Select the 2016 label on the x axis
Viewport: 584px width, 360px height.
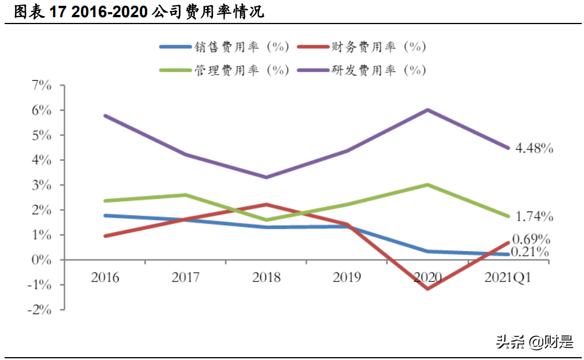(x=105, y=277)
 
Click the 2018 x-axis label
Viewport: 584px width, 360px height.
(x=266, y=277)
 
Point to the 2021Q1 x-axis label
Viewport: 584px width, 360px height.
(x=508, y=277)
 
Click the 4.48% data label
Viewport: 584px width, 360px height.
(x=534, y=148)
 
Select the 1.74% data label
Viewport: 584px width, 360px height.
(x=534, y=217)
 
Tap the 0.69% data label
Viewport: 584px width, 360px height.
(x=531, y=239)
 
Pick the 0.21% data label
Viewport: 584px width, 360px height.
(x=531, y=252)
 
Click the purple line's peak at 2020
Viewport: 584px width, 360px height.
(x=428, y=109)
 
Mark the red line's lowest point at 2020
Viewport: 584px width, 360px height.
(x=428, y=288)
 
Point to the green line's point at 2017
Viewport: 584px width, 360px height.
(x=186, y=195)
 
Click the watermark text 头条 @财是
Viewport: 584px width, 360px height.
(x=534, y=342)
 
